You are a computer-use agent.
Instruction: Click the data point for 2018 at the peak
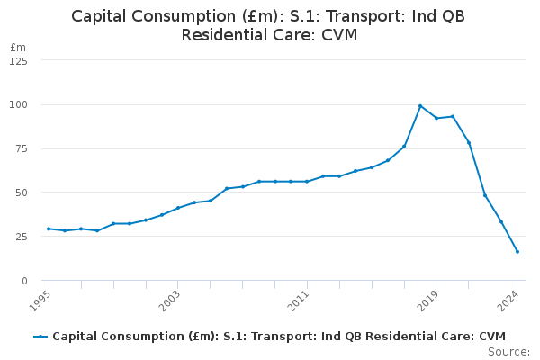click(x=420, y=106)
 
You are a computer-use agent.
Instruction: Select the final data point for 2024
click(x=517, y=251)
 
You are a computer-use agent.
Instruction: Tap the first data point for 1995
click(x=49, y=229)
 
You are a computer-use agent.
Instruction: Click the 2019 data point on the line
click(x=436, y=118)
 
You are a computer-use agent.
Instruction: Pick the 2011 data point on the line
click(x=307, y=182)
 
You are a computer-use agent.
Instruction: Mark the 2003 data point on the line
click(x=178, y=208)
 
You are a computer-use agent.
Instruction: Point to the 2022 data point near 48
click(x=485, y=195)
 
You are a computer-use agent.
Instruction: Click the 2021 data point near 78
click(x=469, y=143)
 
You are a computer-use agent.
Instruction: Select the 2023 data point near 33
click(x=501, y=222)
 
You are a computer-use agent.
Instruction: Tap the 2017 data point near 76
click(x=404, y=147)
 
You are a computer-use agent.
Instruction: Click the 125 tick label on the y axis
click(x=18, y=61)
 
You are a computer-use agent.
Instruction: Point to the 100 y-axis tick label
click(x=18, y=104)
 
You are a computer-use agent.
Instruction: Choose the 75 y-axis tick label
click(x=21, y=148)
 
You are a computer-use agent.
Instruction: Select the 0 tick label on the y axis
click(x=24, y=281)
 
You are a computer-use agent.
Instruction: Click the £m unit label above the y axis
click(x=18, y=47)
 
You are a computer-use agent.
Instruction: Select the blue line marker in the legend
click(x=40, y=337)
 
